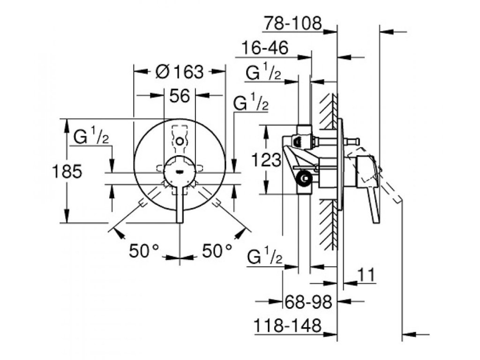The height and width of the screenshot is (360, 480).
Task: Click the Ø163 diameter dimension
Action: pos(180,72)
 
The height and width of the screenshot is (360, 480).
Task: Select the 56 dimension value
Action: pos(179,96)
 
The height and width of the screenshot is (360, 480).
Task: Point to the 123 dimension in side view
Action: pos(266,161)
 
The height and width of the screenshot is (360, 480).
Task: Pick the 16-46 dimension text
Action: pos(265,48)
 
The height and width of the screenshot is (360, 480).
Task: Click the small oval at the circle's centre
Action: pos(180,171)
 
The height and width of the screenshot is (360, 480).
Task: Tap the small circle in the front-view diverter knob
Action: pos(180,140)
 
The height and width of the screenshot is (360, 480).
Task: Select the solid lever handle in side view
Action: pos(370,187)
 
